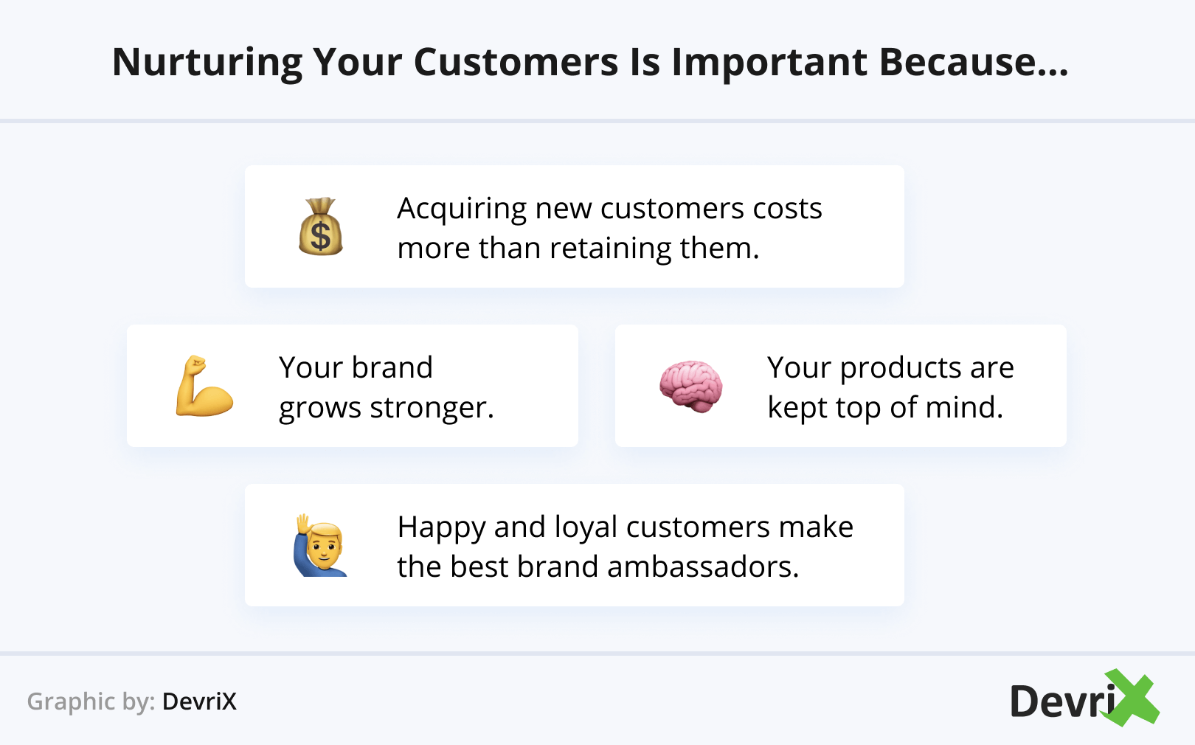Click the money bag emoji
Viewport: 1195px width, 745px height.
click(x=320, y=226)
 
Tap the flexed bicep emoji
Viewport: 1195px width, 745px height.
click(x=204, y=386)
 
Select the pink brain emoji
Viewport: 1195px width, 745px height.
click(x=691, y=386)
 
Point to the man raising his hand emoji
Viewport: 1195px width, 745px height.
click(x=321, y=545)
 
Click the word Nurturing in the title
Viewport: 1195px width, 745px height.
click(x=207, y=63)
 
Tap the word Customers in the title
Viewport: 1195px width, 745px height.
click(x=516, y=63)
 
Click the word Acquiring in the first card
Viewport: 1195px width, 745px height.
click(x=462, y=209)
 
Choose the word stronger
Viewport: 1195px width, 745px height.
click(x=432, y=408)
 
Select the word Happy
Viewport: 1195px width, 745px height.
click(x=442, y=528)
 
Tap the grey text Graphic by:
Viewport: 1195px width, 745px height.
click(x=91, y=701)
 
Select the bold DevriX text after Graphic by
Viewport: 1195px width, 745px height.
click(x=199, y=701)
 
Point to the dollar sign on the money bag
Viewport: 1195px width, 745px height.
click(x=321, y=236)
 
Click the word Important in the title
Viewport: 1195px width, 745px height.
click(x=769, y=63)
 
